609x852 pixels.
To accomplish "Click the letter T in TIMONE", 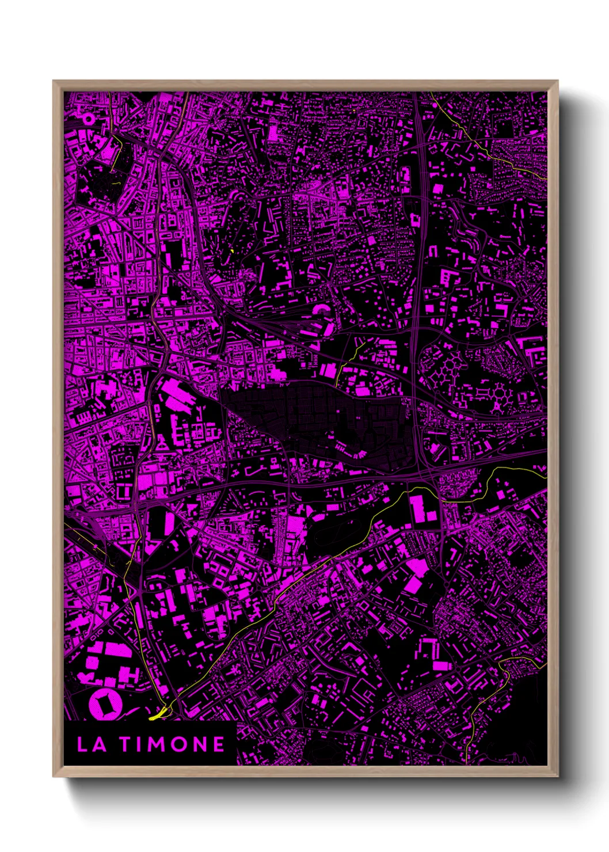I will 125,744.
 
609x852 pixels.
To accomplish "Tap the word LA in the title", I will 91,744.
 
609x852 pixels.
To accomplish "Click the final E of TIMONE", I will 219,744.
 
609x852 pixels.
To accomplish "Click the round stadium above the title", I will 106,705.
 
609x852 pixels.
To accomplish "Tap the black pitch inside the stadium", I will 106,705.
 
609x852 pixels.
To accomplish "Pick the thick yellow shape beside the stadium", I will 158,715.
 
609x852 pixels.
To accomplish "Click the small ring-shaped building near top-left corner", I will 89,119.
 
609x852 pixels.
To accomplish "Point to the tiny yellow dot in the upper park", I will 231,250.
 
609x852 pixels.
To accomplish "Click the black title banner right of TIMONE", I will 231,744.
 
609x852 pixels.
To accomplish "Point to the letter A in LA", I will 99,744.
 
